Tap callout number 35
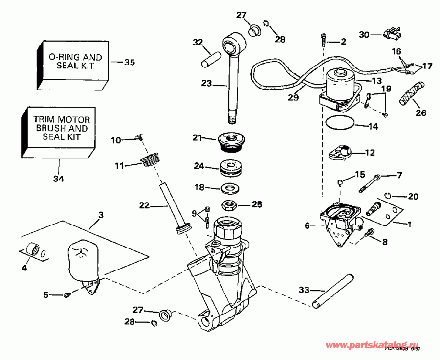click(129, 63)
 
